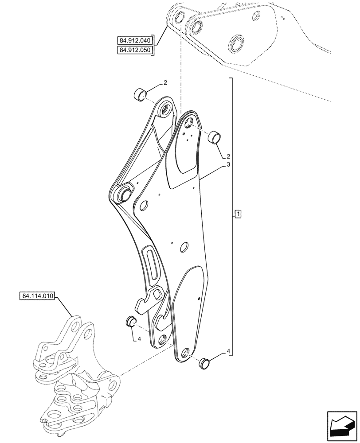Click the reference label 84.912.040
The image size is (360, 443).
click(x=135, y=41)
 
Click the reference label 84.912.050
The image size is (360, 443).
click(x=135, y=51)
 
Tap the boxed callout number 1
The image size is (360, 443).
click(x=238, y=215)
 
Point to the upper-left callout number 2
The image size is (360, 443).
click(x=153, y=83)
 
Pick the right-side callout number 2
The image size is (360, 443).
click(x=228, y=156)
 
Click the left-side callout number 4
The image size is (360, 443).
click(x=139, y=339)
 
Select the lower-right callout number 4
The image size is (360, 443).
click(x=229, y=352)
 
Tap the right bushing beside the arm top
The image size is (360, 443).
click(x=215, y=137)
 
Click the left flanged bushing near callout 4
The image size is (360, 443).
click(x=130, y=321)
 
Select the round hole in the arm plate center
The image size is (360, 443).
click(x=184, y=246)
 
